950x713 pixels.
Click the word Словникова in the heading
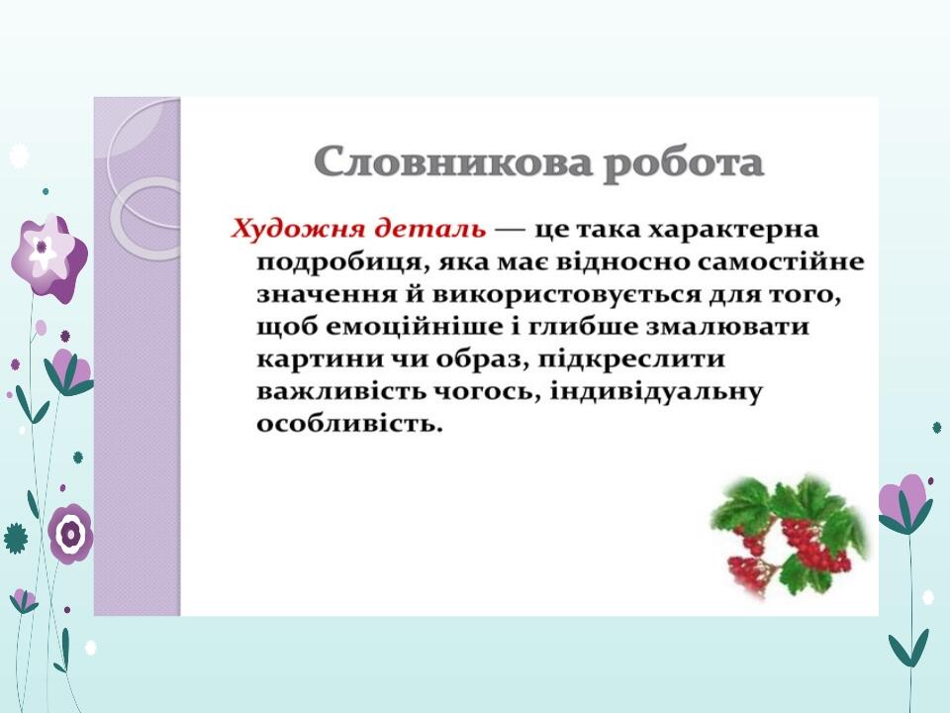pos(452,162)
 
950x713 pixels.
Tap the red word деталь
pos(429,230)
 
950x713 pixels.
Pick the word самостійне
pos(781,261)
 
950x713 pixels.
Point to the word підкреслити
pos(631,359)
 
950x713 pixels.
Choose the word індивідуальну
pos(655,392)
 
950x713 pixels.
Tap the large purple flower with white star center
pos(49,257)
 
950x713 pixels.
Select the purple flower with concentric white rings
pos(70,534)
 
